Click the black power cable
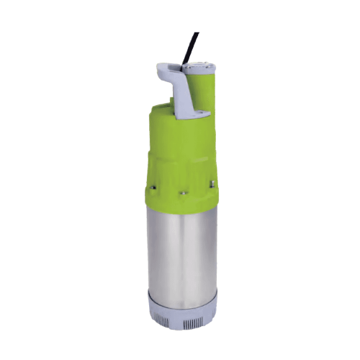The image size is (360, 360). coord(189,46)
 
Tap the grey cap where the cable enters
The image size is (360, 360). coord(202,67)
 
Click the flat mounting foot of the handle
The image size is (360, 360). coord(197,112)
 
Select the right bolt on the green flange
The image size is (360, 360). coord(214,186)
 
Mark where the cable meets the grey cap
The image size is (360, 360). coord(196,62)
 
